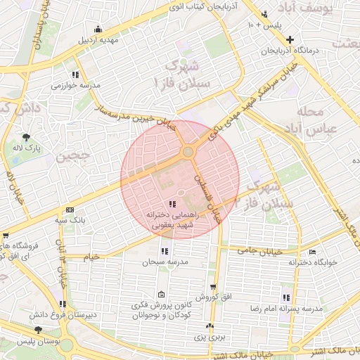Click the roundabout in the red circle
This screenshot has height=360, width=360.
pos(188,152)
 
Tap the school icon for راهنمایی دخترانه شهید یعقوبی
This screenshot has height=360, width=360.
pos(174,204)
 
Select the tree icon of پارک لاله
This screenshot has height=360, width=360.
pos(27,136)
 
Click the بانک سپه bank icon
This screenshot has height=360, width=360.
pos(70,210)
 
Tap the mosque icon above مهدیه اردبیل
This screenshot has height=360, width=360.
pos(98,29)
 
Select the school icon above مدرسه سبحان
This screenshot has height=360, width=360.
pos(165,251)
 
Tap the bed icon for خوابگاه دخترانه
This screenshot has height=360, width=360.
pos(312,252)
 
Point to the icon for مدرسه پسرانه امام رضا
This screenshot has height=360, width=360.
pos(285,297)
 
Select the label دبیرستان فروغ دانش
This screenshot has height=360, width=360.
pos(63,315)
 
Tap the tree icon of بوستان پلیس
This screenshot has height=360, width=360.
pos(37,329)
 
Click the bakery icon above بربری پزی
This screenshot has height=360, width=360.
pos(209,326)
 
